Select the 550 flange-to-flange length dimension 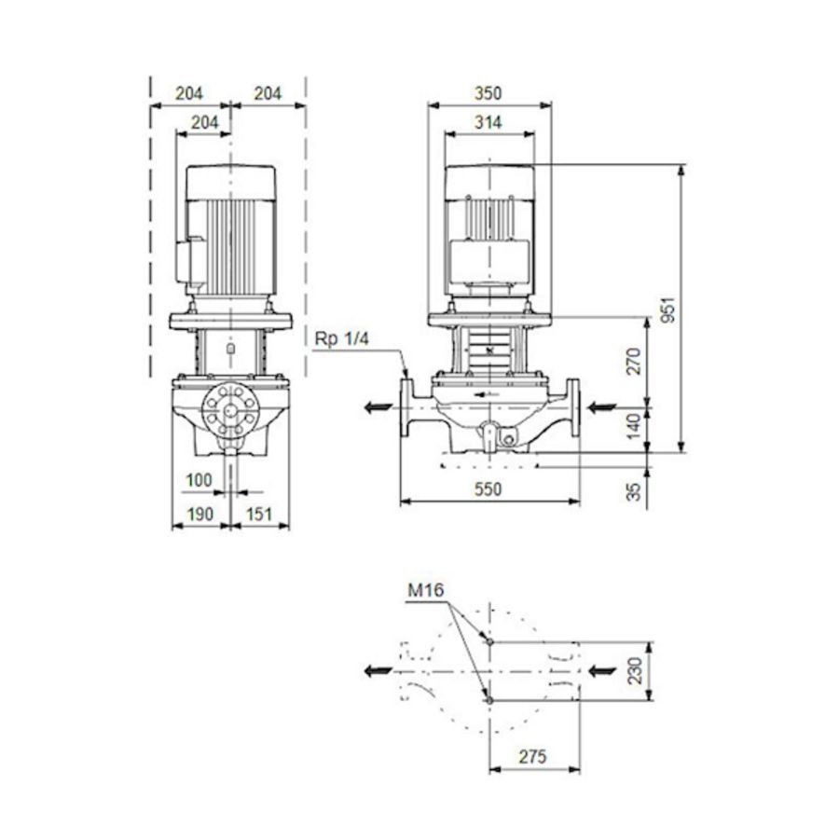pyautogui.click(x=488, y=488)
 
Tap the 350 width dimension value pyautogui.click(x=488, y=93)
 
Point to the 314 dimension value pyautogui.click(x=488, y=122)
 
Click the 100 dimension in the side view pyautogui.click(x=199, y=479)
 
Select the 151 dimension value pyautogui.click(x=260, y=513)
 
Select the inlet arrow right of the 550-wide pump pyautogui.click(x=602, y=406)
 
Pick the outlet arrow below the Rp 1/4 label pyautogui.click(x=377, y=406)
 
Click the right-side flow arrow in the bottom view pyautogui.click(x=604, y=670)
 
